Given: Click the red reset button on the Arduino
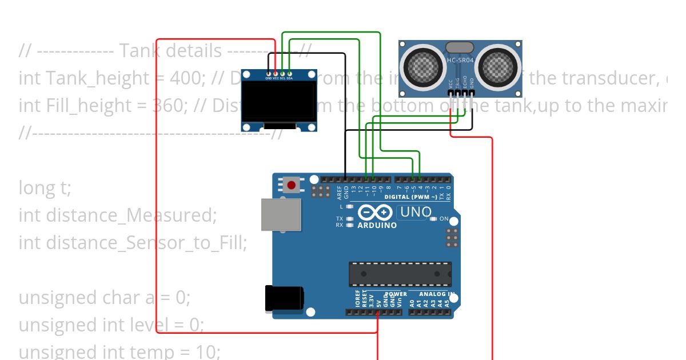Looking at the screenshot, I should (x=292, y=185).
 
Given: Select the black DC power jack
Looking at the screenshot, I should (x=283, y=299).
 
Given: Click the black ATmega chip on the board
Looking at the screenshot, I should (x=400, y=274).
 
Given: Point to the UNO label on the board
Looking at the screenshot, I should (x=416, y=212).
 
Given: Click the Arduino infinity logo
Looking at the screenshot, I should (x=375, y=213).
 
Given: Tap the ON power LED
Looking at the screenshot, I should (x=433, y=219).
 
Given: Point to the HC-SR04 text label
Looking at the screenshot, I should (x=460, y=60).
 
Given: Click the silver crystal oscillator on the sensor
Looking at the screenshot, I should (x=460, y=47).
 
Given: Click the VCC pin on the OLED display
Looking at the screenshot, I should (x=276, y=74).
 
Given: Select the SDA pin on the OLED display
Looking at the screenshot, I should (x=290, y=74).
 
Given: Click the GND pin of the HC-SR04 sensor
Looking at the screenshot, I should (x=472, y=93).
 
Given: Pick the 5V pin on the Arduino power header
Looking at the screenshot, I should (x=378, y=313).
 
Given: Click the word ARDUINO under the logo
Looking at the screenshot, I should (x=377, y=225).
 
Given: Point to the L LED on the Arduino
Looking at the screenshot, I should (x=350, y=206).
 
